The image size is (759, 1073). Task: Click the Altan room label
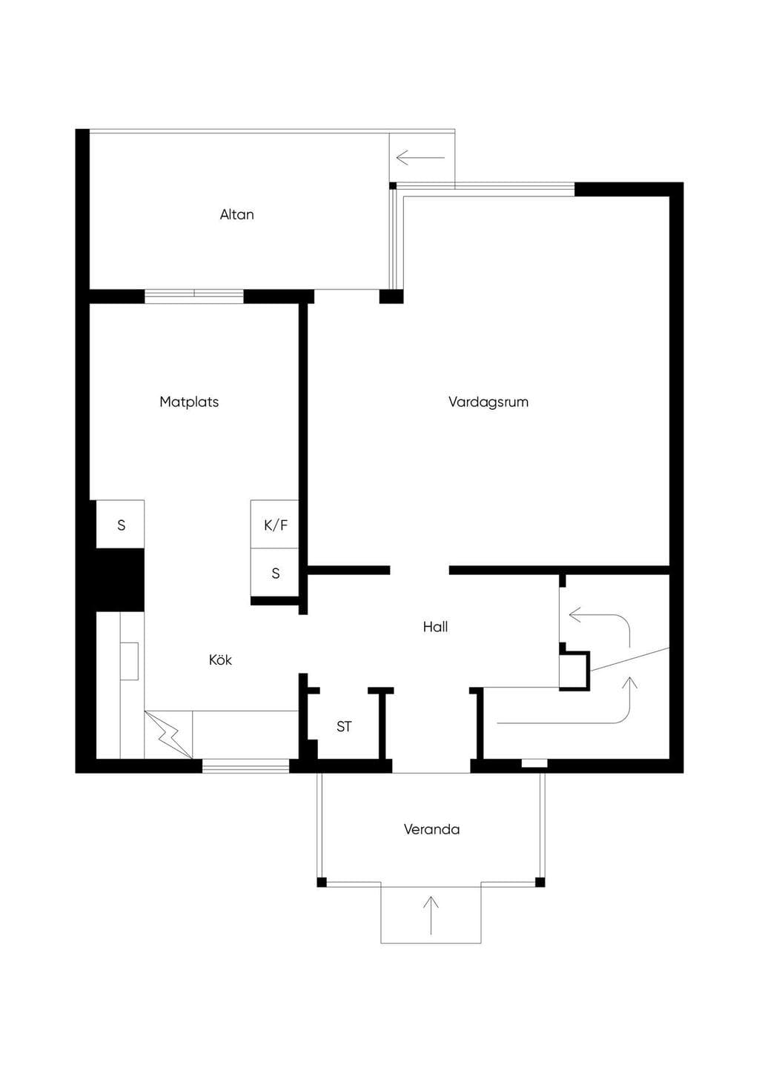236,214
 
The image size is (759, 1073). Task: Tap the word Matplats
189,402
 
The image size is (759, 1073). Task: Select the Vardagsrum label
488,402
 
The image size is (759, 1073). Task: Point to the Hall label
435,627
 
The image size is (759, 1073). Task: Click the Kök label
220,660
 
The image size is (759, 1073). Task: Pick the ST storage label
344,727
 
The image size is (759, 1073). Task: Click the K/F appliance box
274,525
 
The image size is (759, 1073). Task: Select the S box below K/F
274,573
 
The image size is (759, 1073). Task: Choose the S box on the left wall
120,525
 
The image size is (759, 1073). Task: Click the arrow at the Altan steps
421,158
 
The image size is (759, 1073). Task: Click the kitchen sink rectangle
129,661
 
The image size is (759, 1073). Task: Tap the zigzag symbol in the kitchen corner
169,735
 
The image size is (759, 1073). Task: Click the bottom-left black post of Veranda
322,882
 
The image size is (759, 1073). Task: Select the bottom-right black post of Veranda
540,882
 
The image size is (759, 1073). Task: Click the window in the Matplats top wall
194,296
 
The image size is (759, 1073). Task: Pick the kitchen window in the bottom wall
245,766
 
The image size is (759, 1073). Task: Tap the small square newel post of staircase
574,670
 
